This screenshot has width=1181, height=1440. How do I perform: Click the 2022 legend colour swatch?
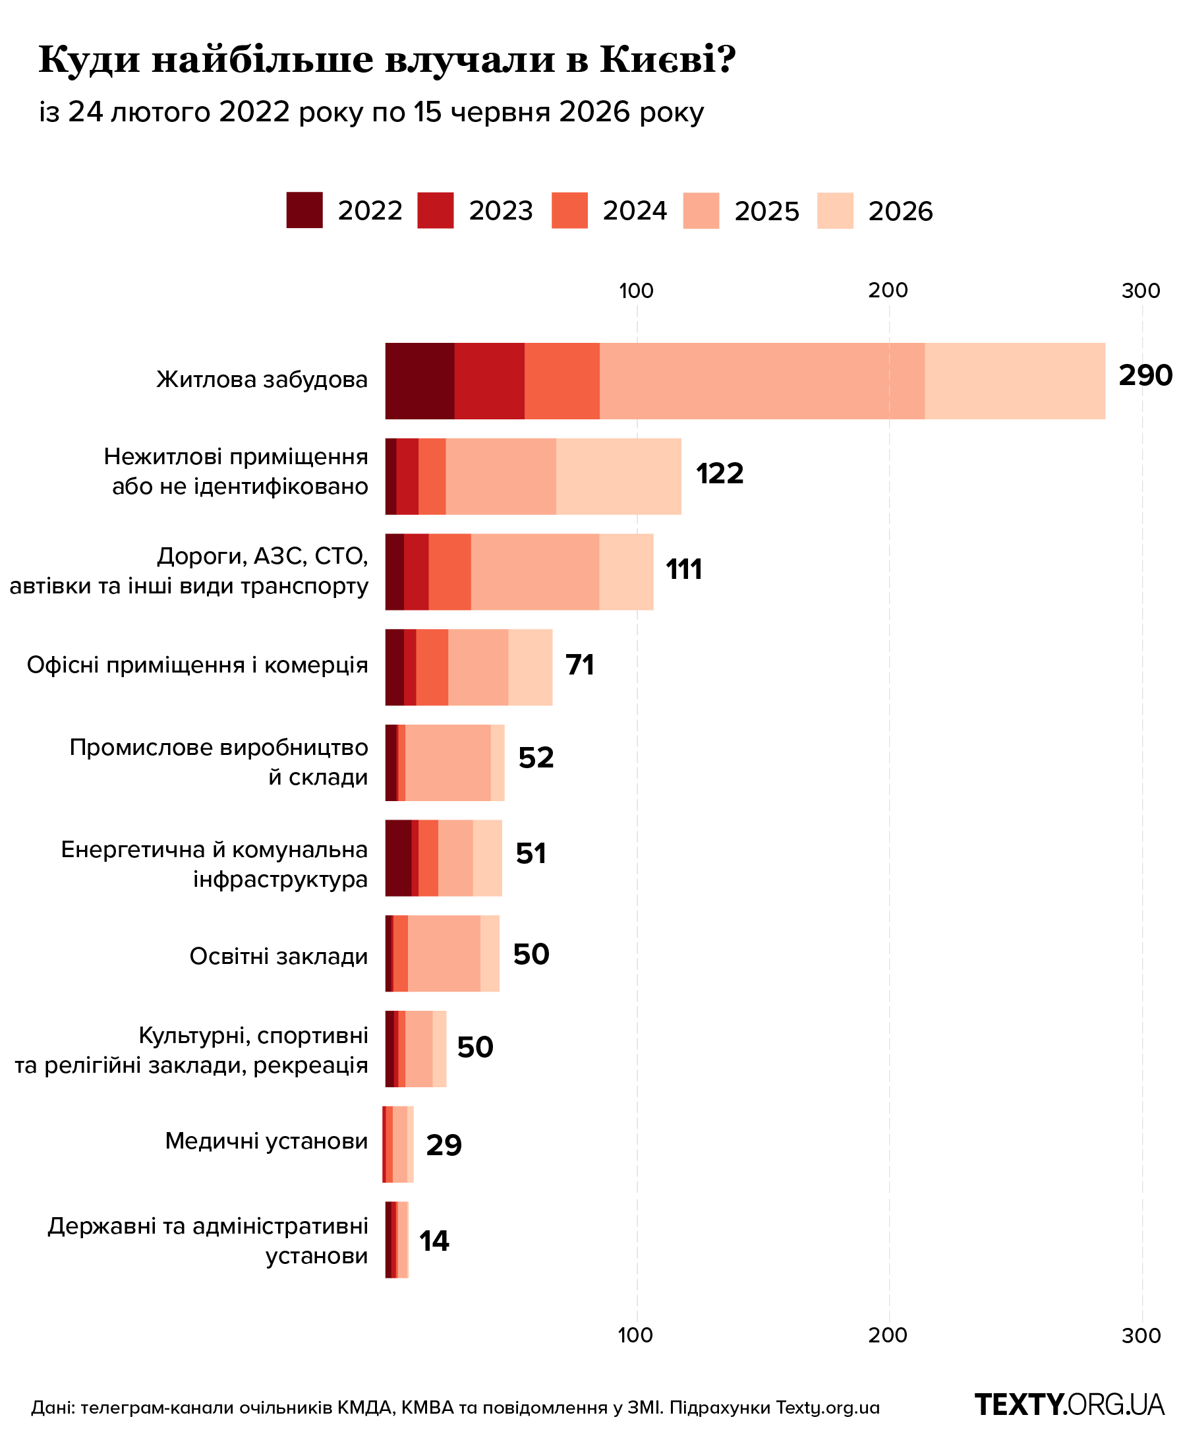click(304, 210)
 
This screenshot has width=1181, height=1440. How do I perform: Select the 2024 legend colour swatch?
click(569, 210)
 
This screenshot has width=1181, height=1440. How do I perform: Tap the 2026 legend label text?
click(900, 211)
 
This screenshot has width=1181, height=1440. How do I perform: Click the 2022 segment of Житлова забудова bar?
click(420, 380)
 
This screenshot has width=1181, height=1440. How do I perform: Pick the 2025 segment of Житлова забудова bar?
click(762, 380)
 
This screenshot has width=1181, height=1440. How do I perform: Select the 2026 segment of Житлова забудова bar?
click(1015, 380)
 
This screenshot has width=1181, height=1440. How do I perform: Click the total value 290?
click(1145, 376)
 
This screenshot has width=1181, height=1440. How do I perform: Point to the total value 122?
click(720, 473)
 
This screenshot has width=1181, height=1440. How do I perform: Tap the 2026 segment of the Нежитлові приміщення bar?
click(618, 476)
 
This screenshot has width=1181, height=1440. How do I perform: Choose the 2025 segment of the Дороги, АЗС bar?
click(535, 572)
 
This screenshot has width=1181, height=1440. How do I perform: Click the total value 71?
click(581, 665)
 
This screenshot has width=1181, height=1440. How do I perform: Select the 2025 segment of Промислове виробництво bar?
click(447, 763)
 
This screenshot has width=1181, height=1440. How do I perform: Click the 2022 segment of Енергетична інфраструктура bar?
click(399, 858)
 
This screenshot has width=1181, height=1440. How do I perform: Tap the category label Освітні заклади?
click(279, 956)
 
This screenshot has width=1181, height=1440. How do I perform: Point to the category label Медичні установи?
click(267, 1141)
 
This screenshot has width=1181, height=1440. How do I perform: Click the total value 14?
click(434, 1241)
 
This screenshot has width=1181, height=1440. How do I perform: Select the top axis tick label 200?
click(888, 291)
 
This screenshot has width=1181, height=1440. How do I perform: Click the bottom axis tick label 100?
click(636, 1335)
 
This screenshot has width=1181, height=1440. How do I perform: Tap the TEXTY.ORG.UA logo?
click(1070, 1404)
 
